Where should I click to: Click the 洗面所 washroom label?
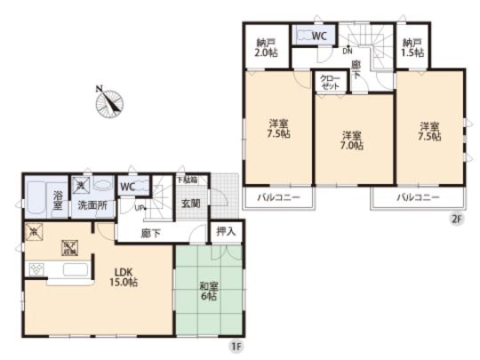coord(92,205)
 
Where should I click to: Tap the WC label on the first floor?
coord(126,188)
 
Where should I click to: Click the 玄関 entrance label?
coord(191,204)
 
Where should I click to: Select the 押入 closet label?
coord(226,232)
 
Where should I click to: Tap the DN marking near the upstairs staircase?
coord(348,52)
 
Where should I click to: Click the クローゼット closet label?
coord(331,83)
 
